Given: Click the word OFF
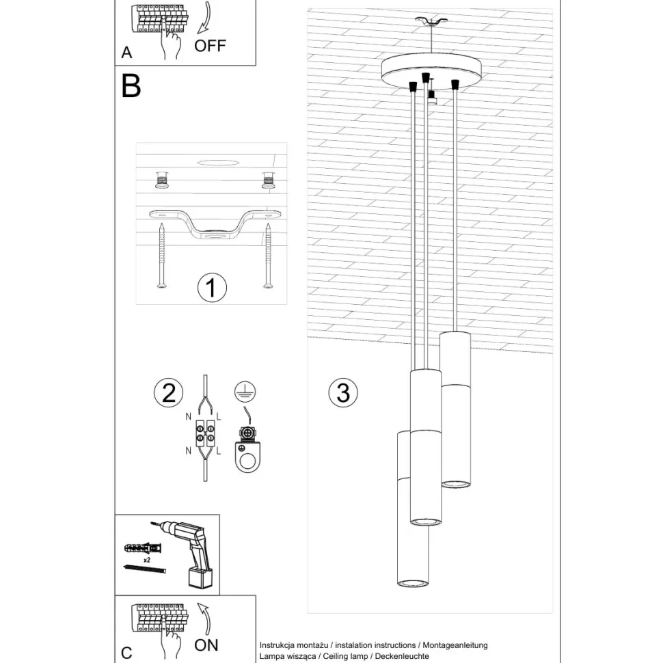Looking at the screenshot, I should [209, 46].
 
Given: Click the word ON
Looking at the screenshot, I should [206, 644].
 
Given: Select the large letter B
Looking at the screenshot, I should [131, 86].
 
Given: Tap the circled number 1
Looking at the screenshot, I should [212, 288].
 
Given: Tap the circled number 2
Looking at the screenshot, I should [168, 392].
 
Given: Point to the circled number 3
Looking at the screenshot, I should [343, 392].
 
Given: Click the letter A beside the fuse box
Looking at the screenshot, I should [126, 53].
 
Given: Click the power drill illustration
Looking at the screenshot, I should [194, 554].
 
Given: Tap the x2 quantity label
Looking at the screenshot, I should [147, 559].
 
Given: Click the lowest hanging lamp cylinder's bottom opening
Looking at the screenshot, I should [412, 583].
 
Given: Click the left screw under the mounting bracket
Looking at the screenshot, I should [161, 256].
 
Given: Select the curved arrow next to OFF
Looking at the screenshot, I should [204, 19].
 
